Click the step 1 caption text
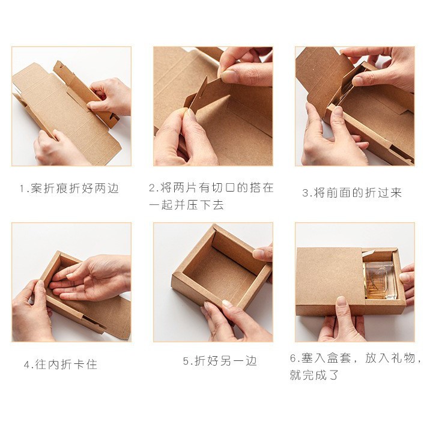coord(69,189)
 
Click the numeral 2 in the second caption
coord(153,188)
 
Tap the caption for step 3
coord(351,193)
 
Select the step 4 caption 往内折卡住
coord(60,365)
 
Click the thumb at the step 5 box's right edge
coord(263,253)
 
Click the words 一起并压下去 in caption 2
coord(186,205)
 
